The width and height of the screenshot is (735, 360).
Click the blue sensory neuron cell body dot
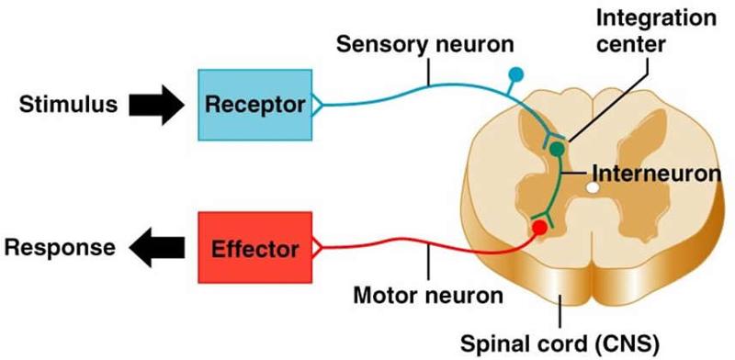pos(515,72)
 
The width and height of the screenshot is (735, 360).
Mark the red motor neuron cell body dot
pos(539,226)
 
